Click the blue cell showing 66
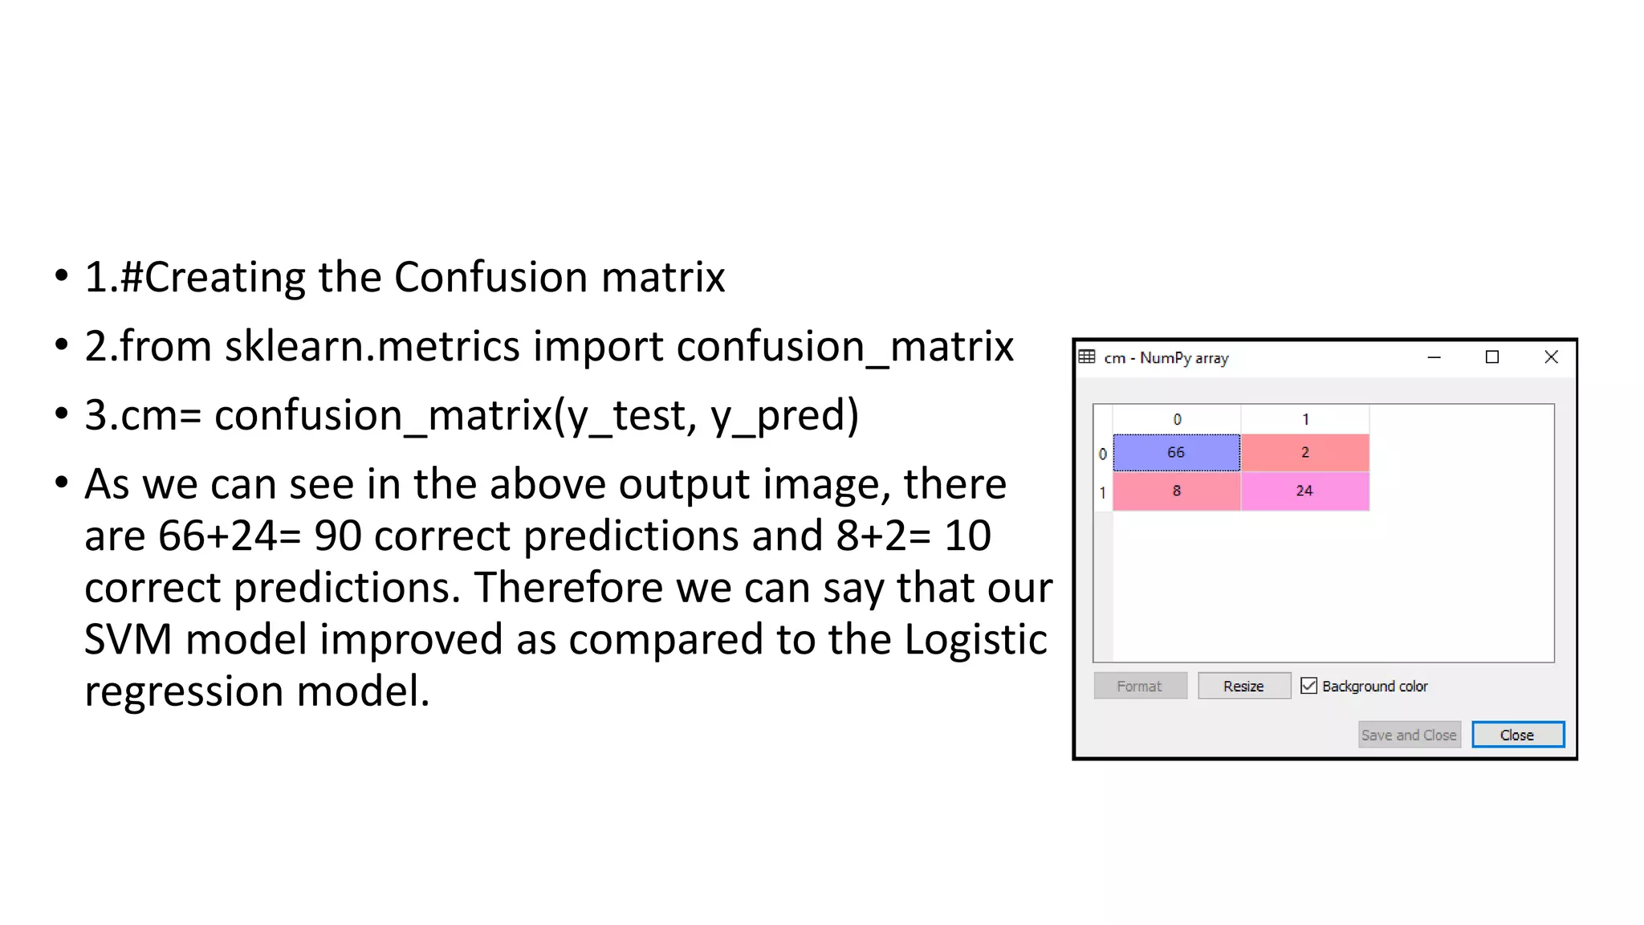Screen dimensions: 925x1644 (x=1176, y=453)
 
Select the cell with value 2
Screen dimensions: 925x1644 (x=1305, y=453)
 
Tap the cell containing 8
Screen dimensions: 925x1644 (x=1176, y=491)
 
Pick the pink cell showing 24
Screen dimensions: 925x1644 (x=1305, y=491)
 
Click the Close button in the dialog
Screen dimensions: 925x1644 (x=1517, y=735)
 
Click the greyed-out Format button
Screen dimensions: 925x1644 (x=1140, y=687)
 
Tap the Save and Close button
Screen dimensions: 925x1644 (x=1409, y=735)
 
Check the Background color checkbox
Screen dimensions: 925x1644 (x=1309, y=686)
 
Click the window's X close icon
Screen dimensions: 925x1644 (x=1551, y=357)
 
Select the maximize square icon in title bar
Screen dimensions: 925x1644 (x=1492, y=357)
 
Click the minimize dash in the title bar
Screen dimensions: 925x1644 (x=1434, y=357)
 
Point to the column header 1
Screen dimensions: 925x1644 (x=1305, y=419)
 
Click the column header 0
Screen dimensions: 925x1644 (x=1177, y=419)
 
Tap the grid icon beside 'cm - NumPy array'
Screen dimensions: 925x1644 (x=1087, y=357)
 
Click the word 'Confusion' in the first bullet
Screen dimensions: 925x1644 (x=490, y=278)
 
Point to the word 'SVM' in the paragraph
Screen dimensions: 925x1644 (x=128, y=640)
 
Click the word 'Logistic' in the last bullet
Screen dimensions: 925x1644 (x=975, y=640)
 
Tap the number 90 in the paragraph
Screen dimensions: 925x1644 (x=337, y=536)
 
